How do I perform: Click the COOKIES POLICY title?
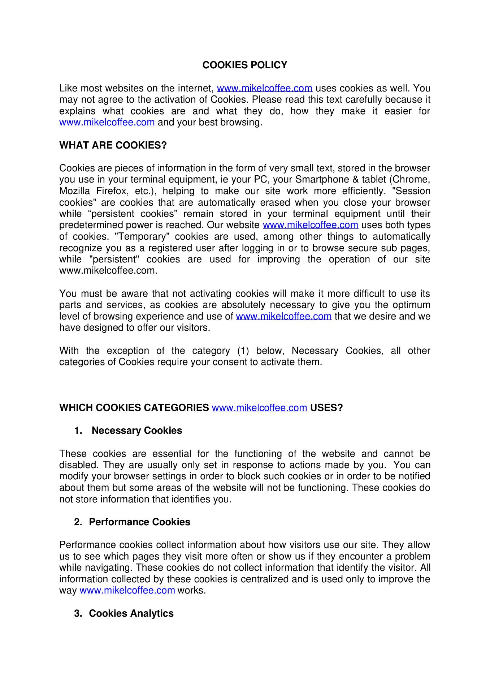point(245,65)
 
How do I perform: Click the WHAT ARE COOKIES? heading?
point(113,145)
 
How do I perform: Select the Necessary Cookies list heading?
point(137,430)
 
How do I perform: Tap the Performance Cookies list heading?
point(139,522)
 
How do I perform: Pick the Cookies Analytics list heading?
point(131,613)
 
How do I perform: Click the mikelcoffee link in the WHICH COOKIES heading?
point(259,408)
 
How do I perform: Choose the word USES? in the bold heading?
point(326,408)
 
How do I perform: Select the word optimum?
point(412,305)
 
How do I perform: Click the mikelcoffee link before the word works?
point(127,591)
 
